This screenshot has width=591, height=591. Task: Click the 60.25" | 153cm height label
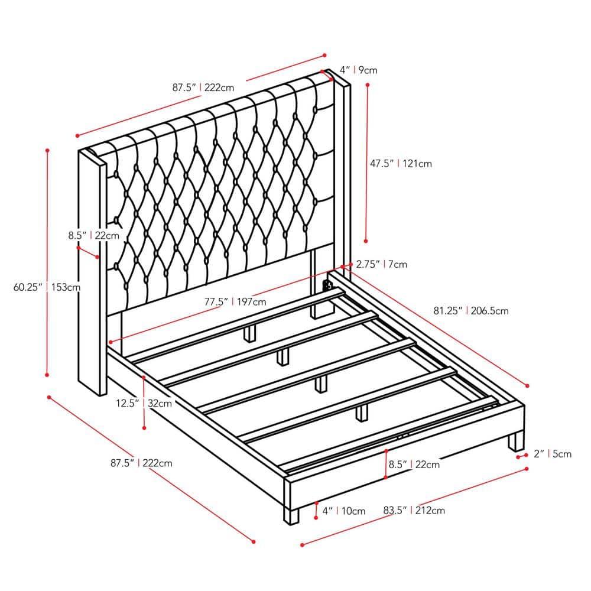coord(47,288)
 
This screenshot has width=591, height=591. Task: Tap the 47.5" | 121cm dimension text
coord(401,163)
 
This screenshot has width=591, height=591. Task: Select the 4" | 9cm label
coord(358,70)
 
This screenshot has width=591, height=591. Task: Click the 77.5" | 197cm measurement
coord(235,301)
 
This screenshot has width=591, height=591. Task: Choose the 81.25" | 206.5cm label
coord(470,310)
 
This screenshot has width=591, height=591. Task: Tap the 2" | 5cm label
coord(553,454)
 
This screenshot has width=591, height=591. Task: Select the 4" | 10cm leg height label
coord(343,511)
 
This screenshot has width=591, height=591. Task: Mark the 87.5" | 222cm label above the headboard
coord(203,87)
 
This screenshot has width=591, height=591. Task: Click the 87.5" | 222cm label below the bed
coord(141,463)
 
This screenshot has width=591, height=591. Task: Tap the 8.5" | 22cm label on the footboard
coord(414,465)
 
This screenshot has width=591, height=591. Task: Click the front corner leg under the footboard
coord(291,513)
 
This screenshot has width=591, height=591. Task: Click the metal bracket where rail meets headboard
coord(326,286)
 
